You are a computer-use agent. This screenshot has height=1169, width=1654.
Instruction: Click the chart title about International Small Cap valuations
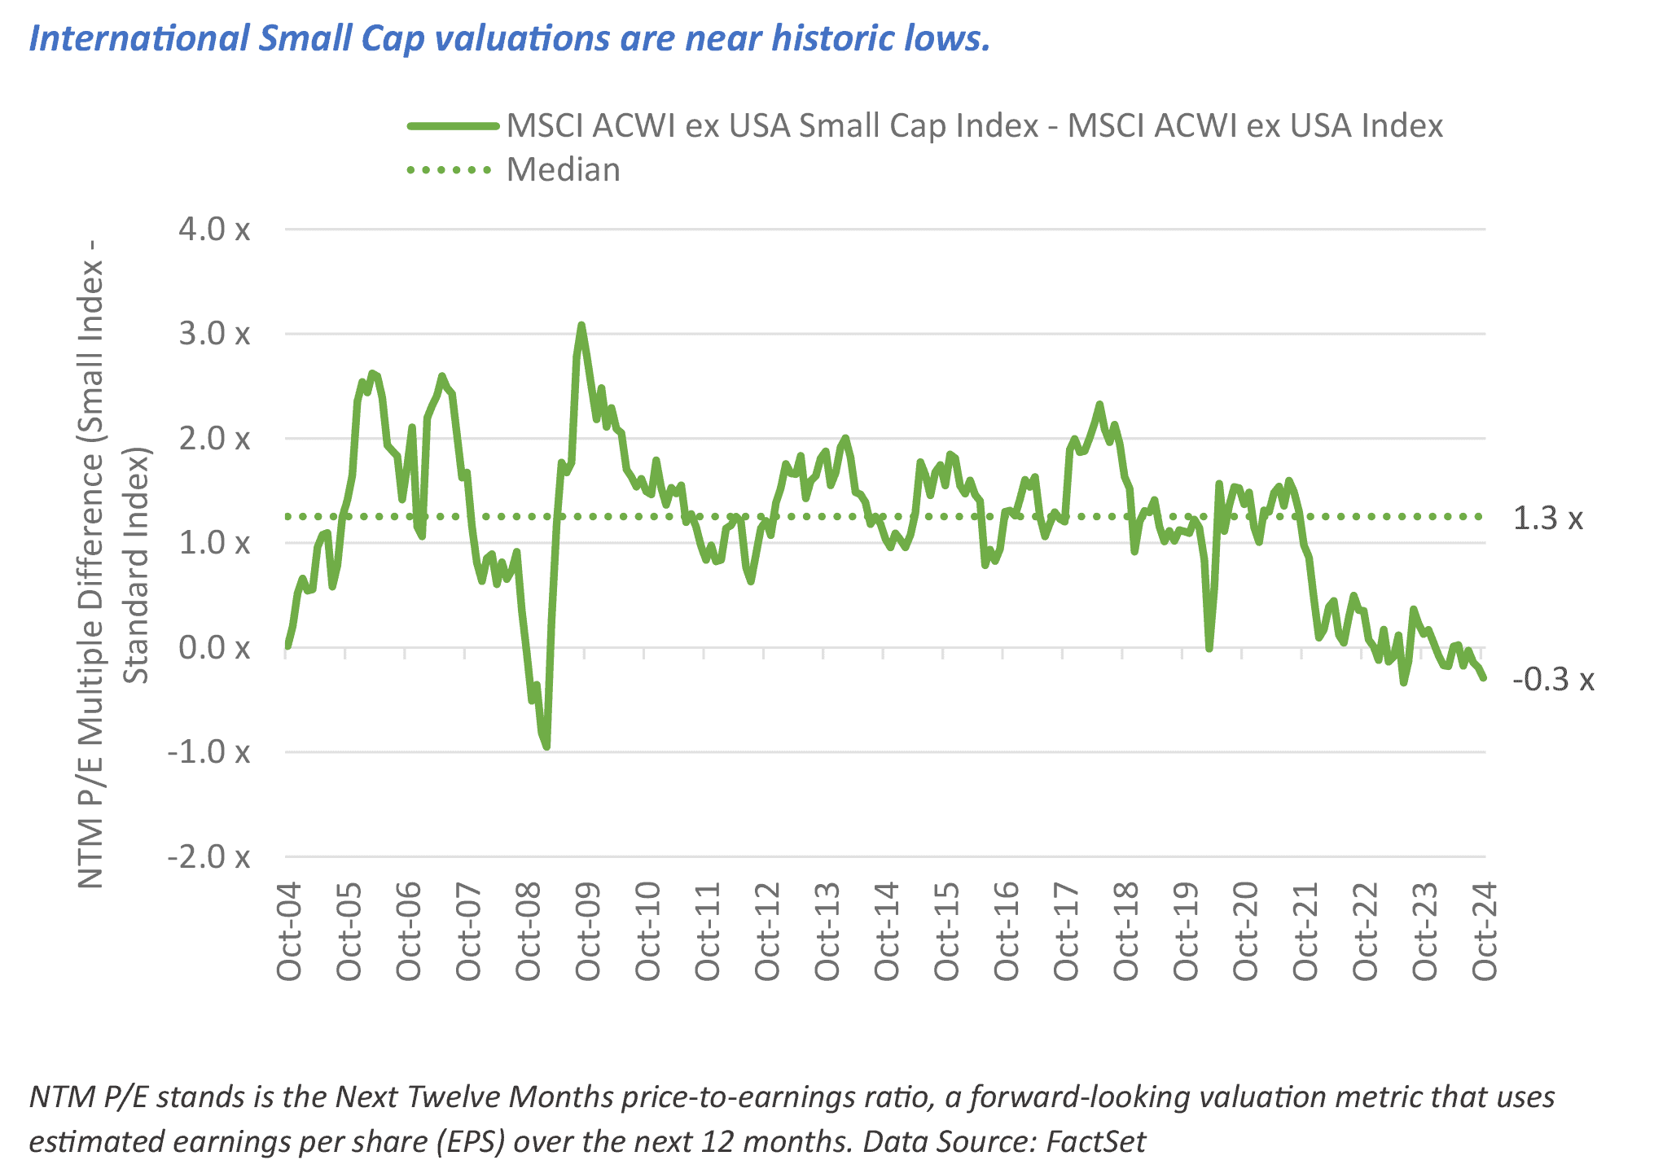[x=509, y=38]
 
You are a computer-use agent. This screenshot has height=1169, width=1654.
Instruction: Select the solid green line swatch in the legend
[x=453, y=126]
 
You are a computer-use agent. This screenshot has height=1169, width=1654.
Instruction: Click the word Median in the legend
[x=563, y=170]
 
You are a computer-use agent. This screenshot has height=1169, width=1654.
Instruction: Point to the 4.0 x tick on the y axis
[x=214, y=230]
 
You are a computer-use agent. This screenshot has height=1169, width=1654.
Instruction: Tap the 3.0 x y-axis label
[x=214, y=334]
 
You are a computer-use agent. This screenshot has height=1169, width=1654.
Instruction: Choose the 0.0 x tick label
[x=214, y=648]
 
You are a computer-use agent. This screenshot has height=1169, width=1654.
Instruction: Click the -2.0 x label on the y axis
[x=208, y=857]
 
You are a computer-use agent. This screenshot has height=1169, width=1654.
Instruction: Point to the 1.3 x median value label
[x=1547, y=519]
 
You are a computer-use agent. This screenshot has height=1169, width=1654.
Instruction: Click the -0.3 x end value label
[x=1552, y=680]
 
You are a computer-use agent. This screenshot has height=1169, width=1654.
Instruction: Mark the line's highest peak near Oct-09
[x=581, y=325]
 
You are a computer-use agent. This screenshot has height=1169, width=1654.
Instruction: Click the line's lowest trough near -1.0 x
[x=546, y=746]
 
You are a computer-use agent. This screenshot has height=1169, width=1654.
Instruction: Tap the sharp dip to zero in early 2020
[x=1209, y=648]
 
